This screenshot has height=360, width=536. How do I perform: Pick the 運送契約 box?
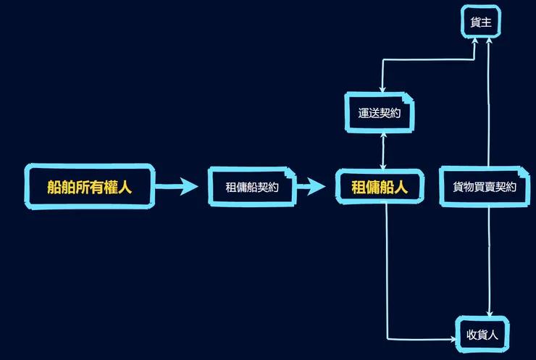click(x=380, y=113)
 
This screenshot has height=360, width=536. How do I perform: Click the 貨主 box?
click(x=481, y=23)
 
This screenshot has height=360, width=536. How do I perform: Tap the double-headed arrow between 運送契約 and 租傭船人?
click(x=382, y=151)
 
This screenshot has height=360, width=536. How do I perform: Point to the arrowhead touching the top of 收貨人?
click(x=490, y=313)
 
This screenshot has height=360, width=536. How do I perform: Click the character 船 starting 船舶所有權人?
click(x=54, y=188)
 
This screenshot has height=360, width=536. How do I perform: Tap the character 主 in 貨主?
click(x=487, y=23)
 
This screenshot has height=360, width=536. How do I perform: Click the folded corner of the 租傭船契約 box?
click(x=291, y=173)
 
